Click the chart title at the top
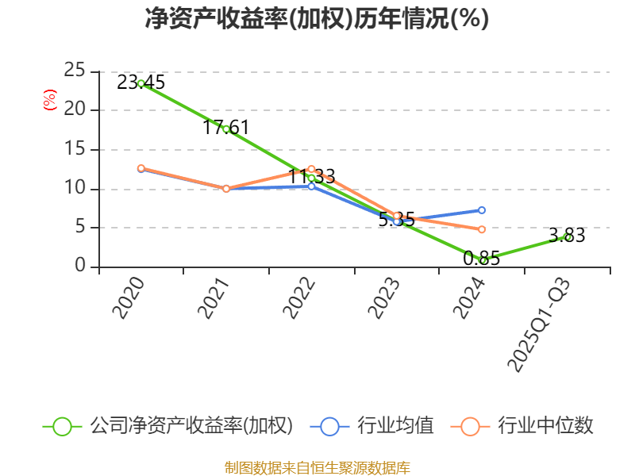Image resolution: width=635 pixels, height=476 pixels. tap(317, 19)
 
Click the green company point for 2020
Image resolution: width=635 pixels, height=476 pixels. tap(141, 83)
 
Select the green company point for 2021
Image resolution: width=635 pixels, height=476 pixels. tap(226, 129)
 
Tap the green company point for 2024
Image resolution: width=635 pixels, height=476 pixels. tap(482, 260)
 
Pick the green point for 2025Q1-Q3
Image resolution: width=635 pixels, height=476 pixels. tap(568, 236)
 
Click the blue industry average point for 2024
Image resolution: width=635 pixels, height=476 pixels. tap(482, 210)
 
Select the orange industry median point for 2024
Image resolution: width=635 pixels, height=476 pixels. tap(482, 229)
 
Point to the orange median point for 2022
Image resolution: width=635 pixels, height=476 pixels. tap(311, 169)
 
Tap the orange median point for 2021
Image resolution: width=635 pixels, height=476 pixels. tap(226, 189)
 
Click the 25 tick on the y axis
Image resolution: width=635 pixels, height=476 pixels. tap(75, 71)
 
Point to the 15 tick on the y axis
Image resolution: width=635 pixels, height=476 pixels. tap(75, 149)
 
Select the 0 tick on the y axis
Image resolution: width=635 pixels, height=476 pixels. tap(80, 267)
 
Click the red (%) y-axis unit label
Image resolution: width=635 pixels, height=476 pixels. tap(50, 100)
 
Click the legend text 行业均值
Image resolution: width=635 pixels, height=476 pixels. tap(395, 426)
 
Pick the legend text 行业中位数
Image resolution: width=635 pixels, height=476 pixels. tap(545, 426)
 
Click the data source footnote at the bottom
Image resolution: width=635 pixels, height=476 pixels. tap(317, 467)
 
